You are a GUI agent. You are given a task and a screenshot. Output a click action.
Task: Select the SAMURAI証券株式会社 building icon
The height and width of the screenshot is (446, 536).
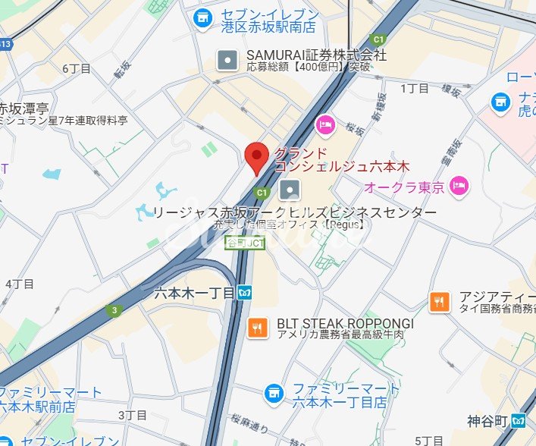click(x=227, y=60)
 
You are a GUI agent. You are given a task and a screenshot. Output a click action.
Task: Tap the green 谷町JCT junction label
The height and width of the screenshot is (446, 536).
click(x=246, y=243)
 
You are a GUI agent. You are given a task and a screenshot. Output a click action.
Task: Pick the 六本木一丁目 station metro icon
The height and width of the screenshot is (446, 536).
click(x=245, y=292)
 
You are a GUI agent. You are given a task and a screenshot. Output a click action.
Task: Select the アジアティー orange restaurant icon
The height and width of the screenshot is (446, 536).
click(x=439, y=301)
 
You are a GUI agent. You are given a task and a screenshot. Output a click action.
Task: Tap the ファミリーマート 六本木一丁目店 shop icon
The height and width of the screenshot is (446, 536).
click(x=274, y=393)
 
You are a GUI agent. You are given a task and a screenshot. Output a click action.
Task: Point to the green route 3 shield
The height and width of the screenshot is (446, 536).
click(x=114, y=309)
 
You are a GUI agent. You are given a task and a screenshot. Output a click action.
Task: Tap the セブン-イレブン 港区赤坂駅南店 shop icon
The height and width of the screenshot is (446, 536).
click(x=202, y=17)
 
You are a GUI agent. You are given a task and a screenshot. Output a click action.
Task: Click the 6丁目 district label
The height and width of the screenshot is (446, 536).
click(x=77, y=69)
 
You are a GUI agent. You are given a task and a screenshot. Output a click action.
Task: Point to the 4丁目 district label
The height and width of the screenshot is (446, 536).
click(x=20, y=284)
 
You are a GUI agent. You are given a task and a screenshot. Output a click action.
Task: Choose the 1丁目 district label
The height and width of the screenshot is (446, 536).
click(x=414, y=89)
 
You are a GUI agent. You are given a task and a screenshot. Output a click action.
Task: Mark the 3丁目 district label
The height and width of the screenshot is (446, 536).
click(x=133, y=415)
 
